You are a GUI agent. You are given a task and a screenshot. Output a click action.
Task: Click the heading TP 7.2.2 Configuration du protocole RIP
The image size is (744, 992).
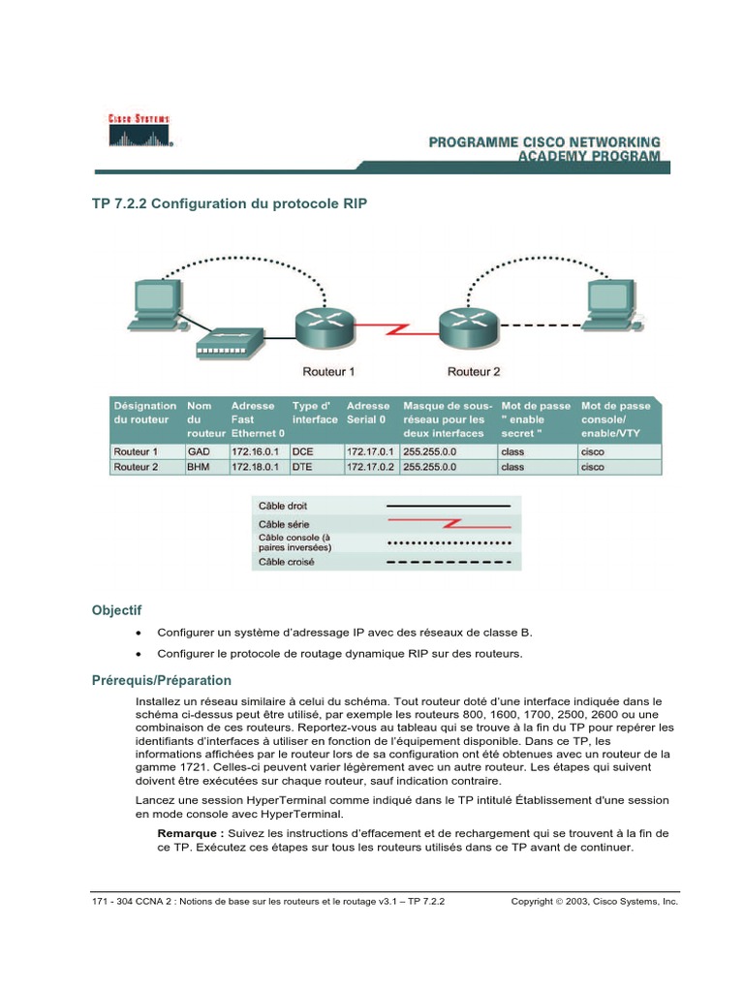click(229, 205)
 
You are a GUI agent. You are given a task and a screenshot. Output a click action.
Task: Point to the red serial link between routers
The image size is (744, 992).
click(396, 329)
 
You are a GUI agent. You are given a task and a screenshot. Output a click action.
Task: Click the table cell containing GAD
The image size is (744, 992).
click(199, 451)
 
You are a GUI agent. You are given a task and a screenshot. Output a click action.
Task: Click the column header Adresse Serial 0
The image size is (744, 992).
click(369, 413)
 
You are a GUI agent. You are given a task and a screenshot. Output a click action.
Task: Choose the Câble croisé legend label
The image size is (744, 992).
click(286, 561)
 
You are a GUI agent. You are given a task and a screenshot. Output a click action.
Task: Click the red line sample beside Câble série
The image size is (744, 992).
click(449, 524)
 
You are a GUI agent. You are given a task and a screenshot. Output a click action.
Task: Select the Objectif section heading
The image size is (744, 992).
click(116, 610)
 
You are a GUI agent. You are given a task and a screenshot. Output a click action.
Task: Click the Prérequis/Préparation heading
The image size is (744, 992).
click(161, 680)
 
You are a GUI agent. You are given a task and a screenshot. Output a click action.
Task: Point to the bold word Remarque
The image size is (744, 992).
click(190, 832)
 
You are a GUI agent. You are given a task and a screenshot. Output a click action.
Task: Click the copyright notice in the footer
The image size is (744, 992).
click(595, 901)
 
